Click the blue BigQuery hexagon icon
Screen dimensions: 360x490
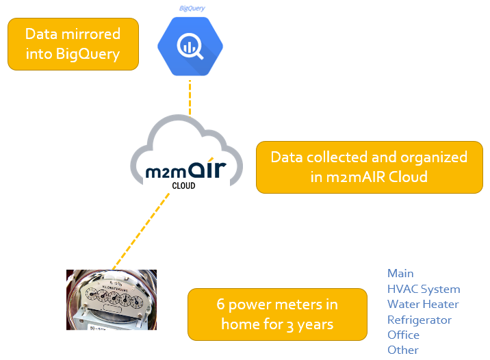pos(190,47)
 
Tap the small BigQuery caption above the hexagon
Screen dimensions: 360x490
pos(192,8)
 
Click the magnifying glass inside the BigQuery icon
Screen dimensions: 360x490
pos(190,47)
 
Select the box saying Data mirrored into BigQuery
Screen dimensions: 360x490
pos(73,44)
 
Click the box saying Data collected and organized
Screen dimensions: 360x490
pos(369,167)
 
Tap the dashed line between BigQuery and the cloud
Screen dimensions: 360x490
pos(190,97)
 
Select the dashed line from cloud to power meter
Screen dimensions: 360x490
pos(140,229)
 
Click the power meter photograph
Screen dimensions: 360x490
pos(111,300)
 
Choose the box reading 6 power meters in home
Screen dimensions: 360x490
pos(277,314)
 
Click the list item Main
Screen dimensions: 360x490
pos(400,273)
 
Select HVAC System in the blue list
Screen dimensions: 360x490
pos(424,289)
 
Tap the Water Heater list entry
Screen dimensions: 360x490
pos(423,304)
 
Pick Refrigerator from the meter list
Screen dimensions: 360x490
pos(420,320)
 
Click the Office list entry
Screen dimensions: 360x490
pos(403,335)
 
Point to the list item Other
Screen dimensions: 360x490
pos(402,350)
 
